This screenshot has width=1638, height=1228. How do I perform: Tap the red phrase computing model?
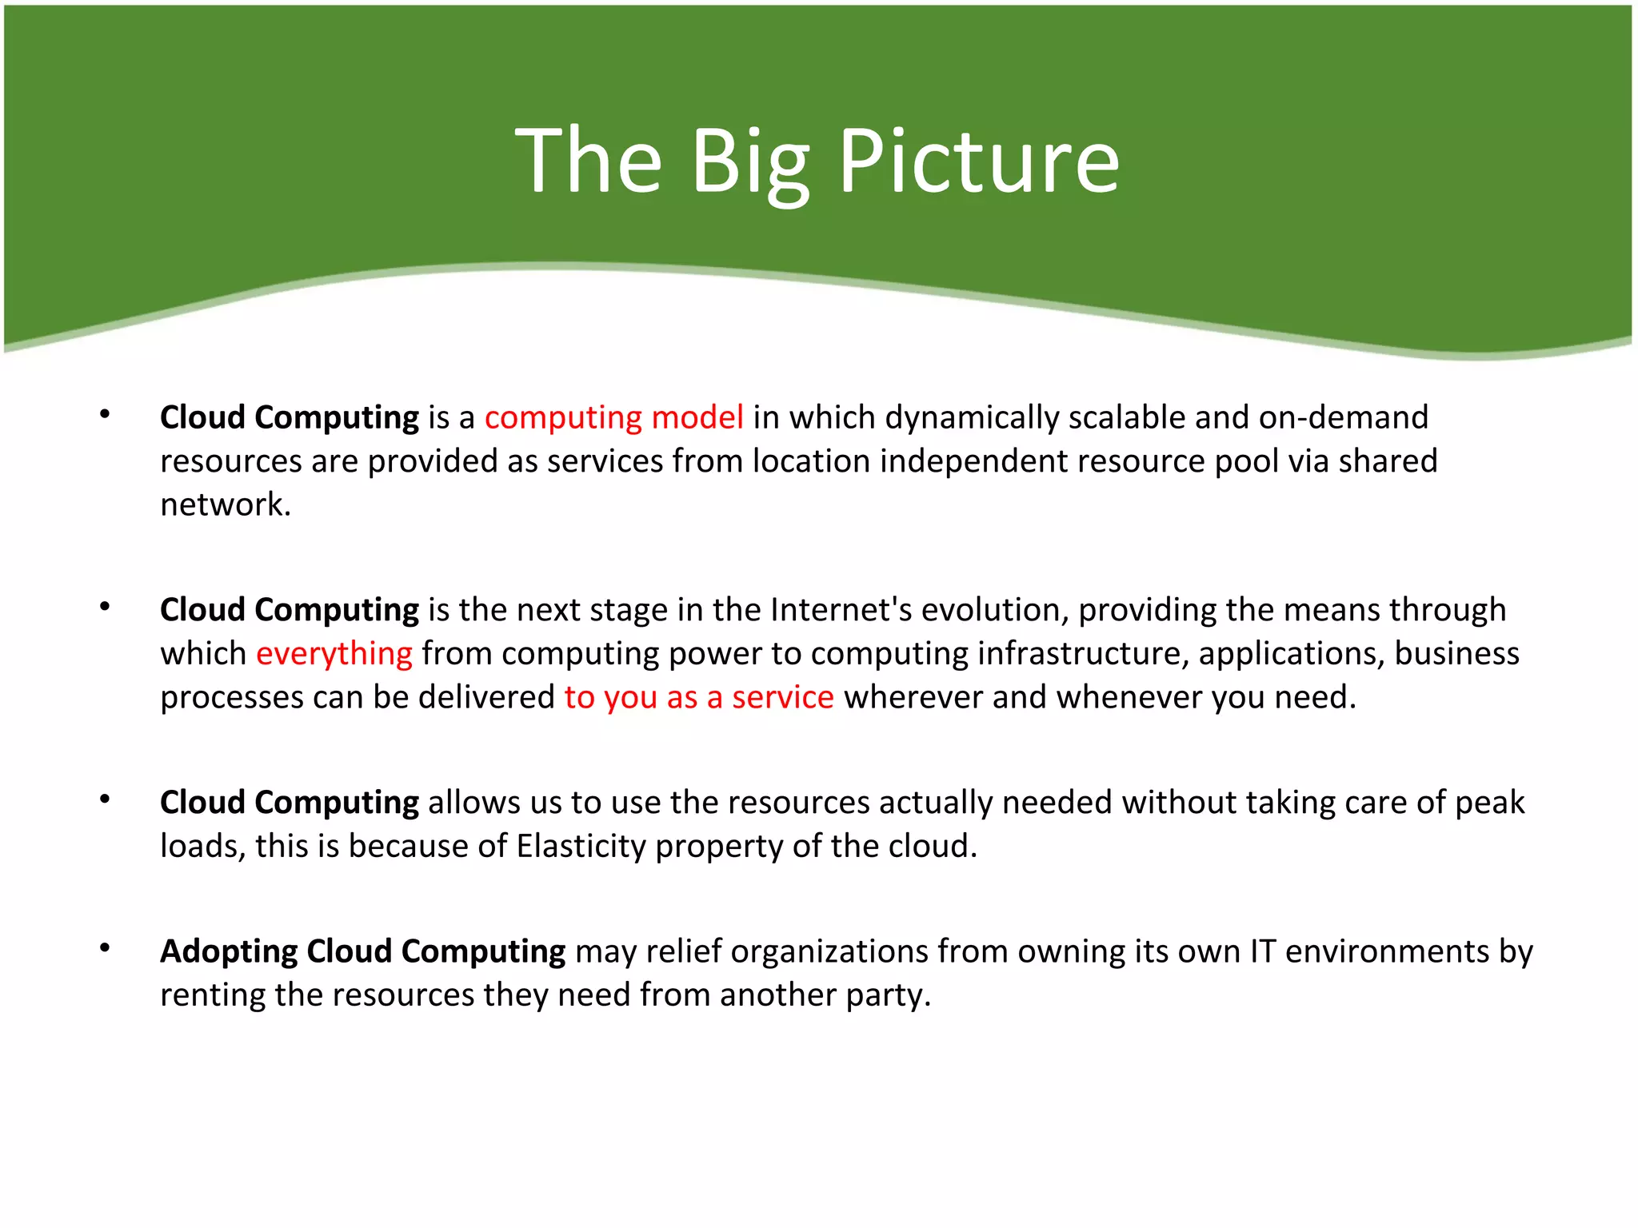[x=613, y=418]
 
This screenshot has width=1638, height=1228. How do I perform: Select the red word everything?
[x=334, y=654]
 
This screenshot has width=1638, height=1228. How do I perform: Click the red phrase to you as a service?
[x=698, y=697]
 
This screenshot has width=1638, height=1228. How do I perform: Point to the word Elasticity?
[x=581, y=846]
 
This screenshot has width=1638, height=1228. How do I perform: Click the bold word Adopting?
[x=229, y=951]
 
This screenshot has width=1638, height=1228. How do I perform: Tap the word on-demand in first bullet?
[x=1343, y=418]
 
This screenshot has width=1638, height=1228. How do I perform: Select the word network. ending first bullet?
[x=226, y=505]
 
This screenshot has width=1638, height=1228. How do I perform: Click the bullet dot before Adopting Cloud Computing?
[x=105, y=948]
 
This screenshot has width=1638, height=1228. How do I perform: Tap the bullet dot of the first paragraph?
[x=105, y=414]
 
